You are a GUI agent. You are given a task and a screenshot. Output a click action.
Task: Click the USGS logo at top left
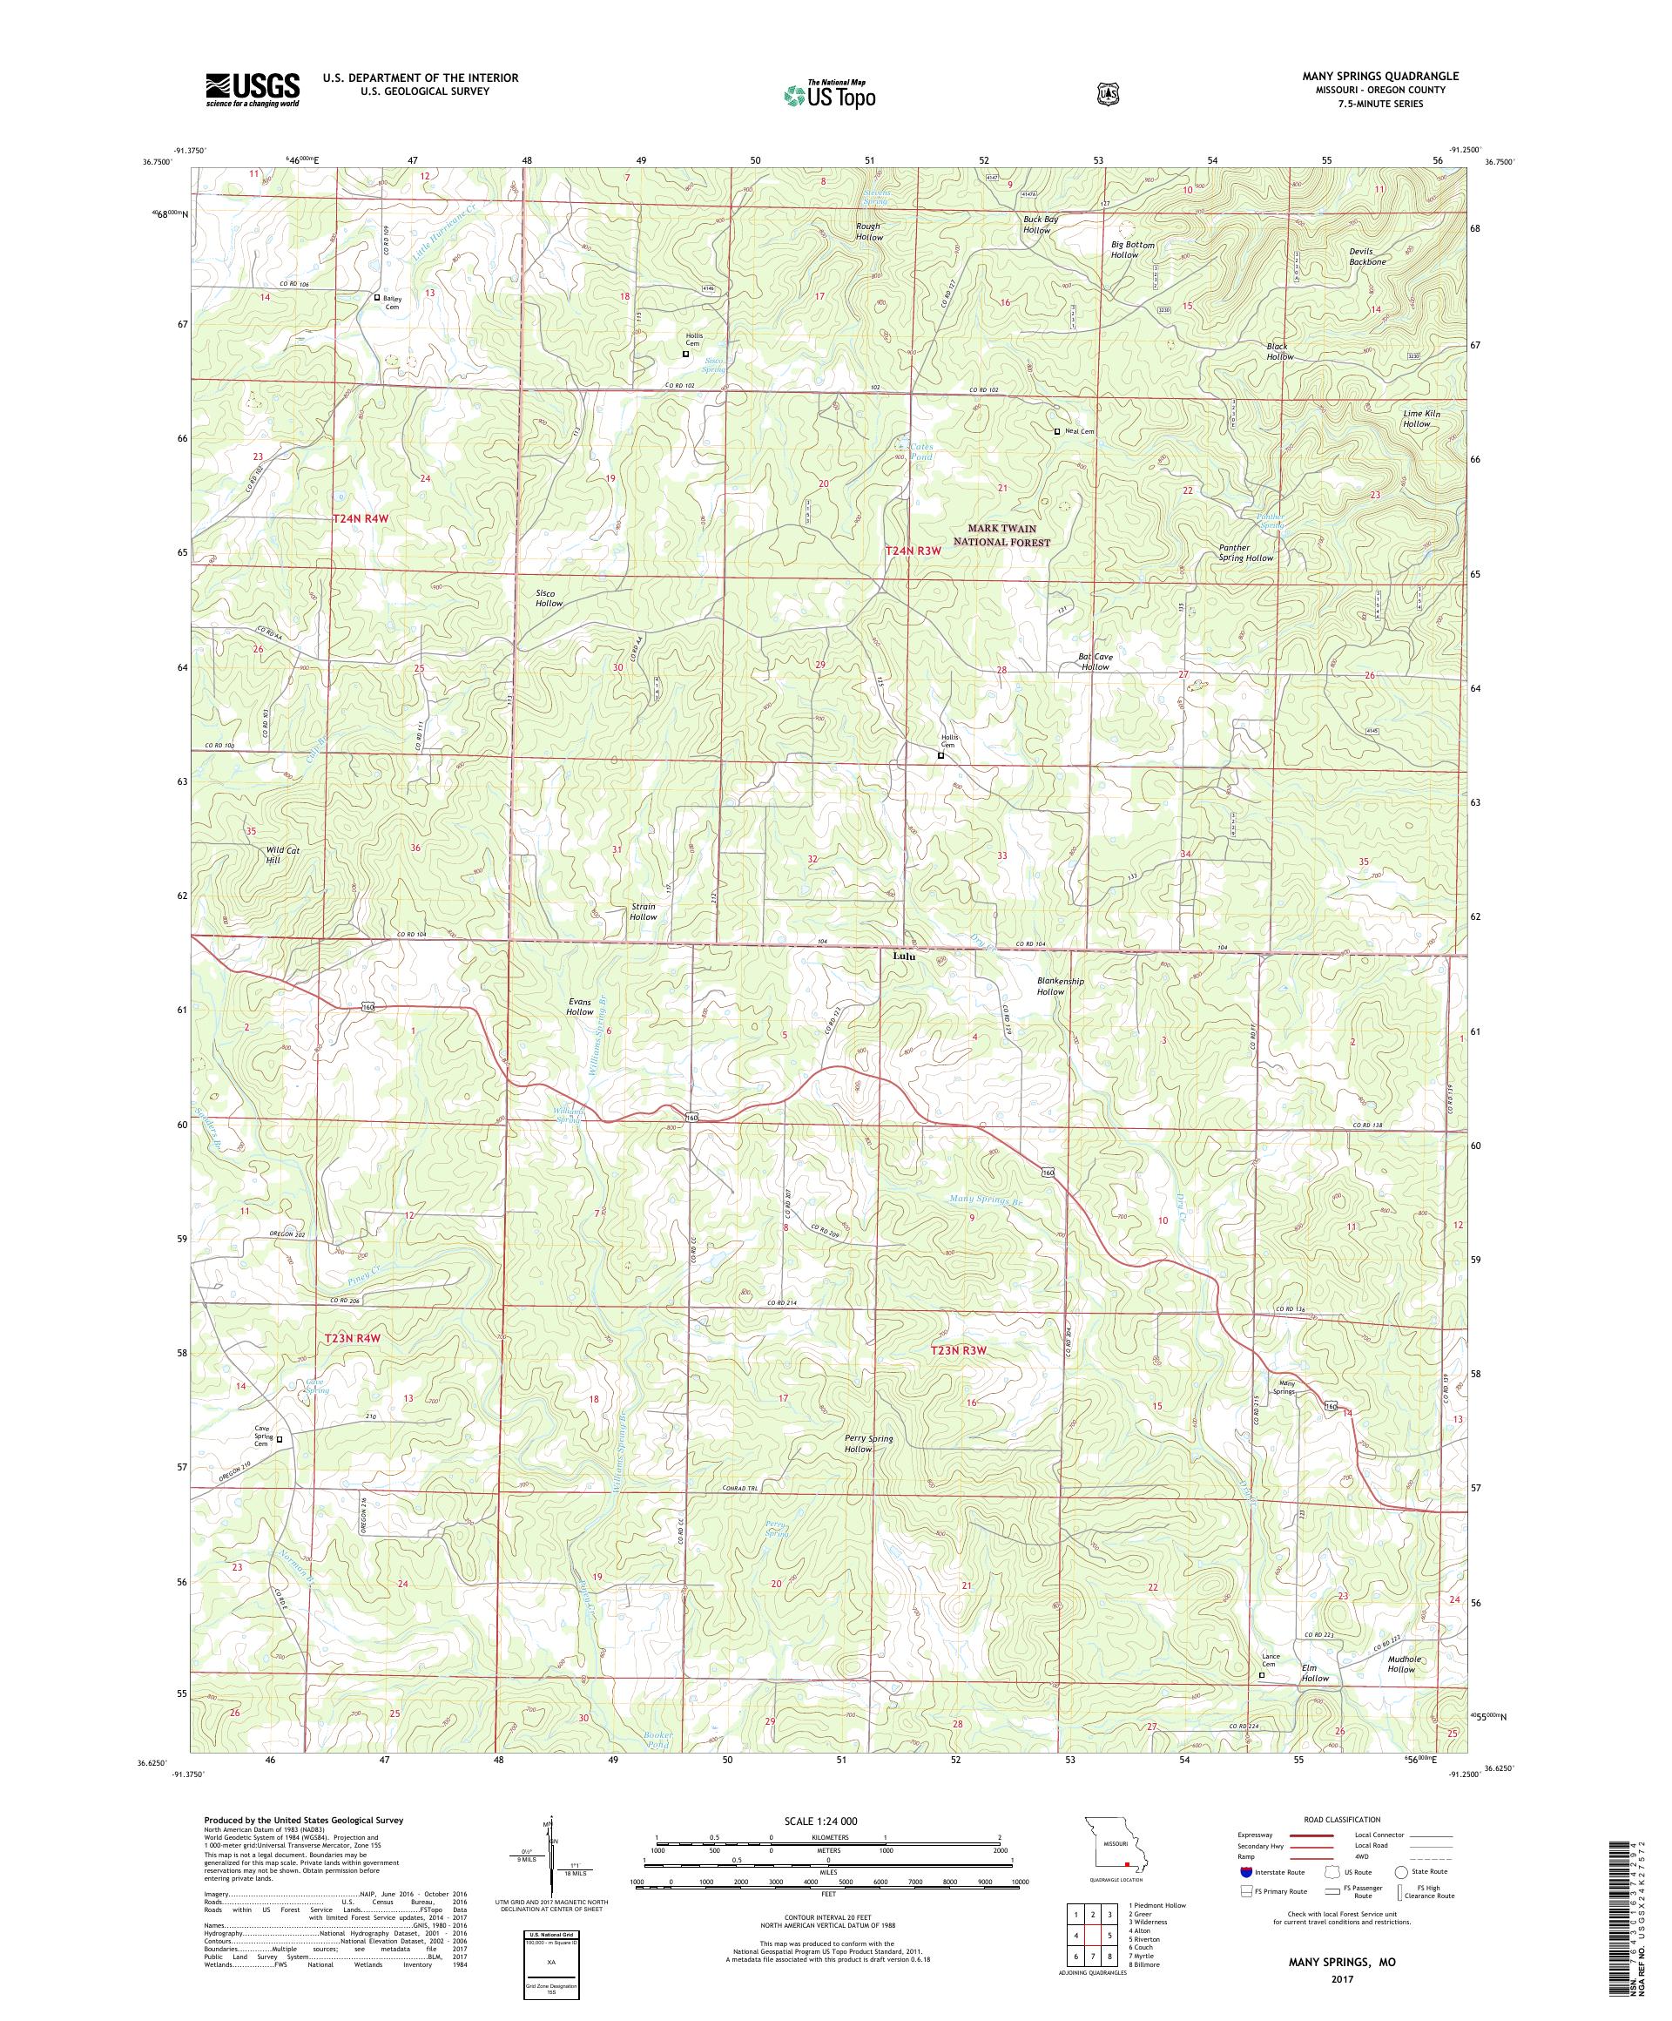pos(252,90)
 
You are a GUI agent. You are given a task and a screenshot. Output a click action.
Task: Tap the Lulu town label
pos(902,957)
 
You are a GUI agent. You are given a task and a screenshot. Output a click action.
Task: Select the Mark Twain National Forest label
pos(1001,535)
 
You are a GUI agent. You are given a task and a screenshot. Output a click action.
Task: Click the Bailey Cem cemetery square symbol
pos(377,297)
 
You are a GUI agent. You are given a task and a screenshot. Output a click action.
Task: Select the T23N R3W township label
pos(959,1350)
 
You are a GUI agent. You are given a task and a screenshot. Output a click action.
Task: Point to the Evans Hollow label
pos(580,1007)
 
